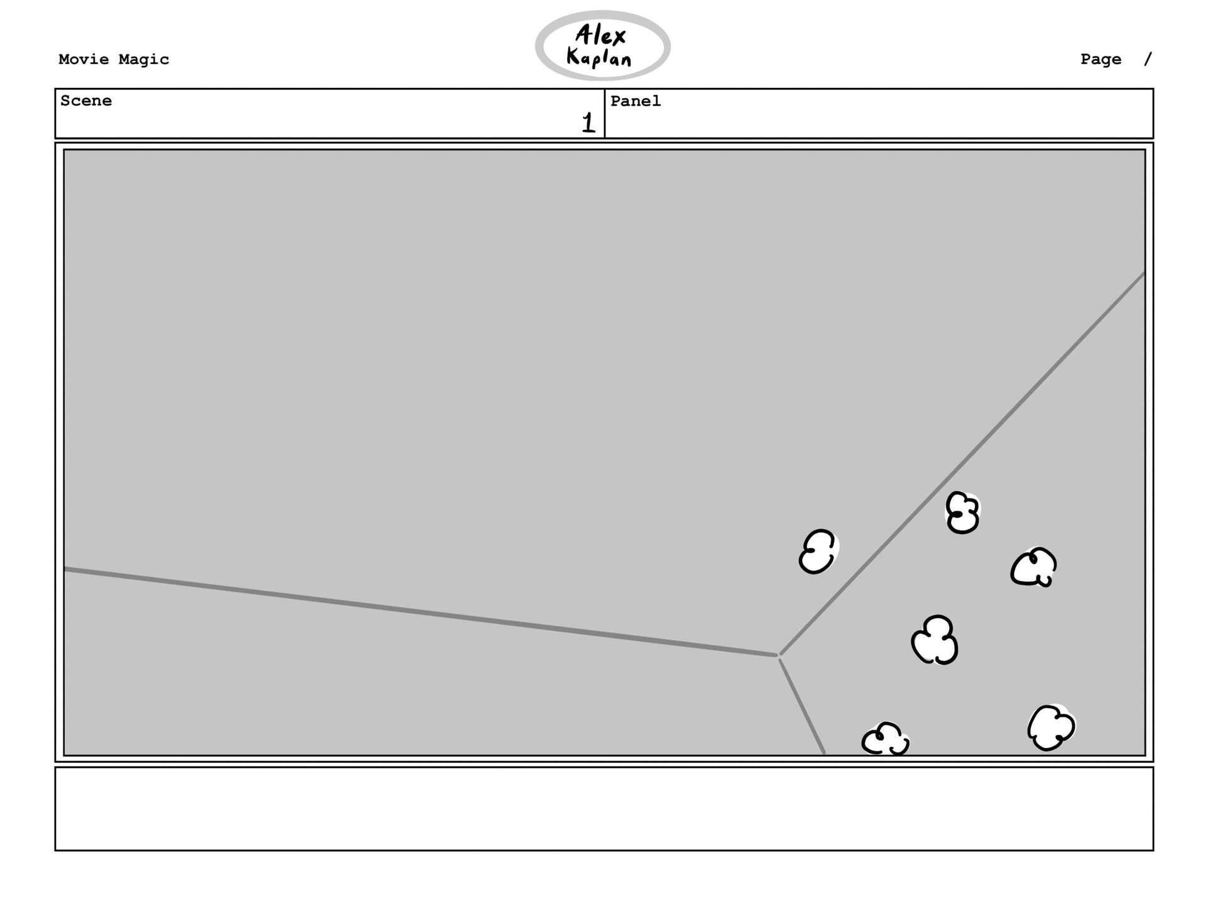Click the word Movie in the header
[x=83, y=60]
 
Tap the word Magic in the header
[x=144, y=60]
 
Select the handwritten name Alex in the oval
[x=600, y=36]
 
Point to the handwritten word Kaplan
[x=599, y=58]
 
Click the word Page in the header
[x=1100, y=60]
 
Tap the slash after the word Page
[x=1148, y=60]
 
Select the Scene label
[x=86, y=101]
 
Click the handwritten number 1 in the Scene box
[x=588, y=123]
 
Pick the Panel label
[x=636, y=101]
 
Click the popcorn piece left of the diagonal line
[x=818, y=552]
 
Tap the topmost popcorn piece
[x=962, y=513]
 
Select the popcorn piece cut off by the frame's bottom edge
[x=886, y=740]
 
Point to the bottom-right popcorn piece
[x=1051, y=727]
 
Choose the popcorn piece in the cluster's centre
[x=935, y=640]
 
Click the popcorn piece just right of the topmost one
[x=1034, y=567]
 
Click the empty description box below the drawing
[x=603, y=809]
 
